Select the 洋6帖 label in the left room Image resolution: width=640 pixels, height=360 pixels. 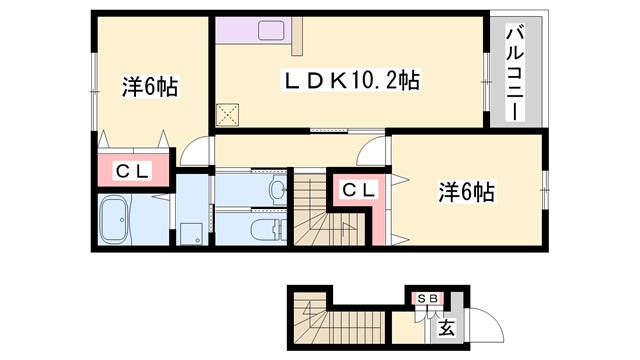pyautogui.click(x=150, y=87)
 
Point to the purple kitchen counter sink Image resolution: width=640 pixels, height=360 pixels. pyautogui.click(x=273, y=30)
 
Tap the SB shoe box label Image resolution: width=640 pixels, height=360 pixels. pyautogui.click(x=426, y=298)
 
